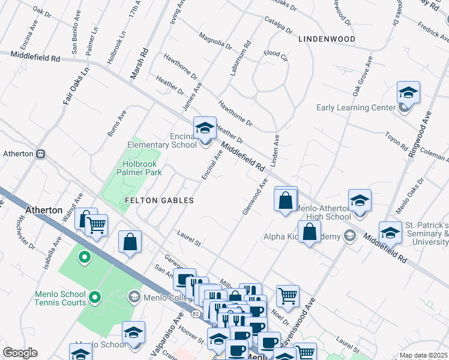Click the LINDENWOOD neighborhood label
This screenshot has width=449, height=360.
pyautogui.click(x=326, y=39)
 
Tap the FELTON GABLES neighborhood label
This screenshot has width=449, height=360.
pyautogui.click(x=158, y=200)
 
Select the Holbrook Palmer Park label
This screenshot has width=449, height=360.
pyautogui.click(x=134, y=167)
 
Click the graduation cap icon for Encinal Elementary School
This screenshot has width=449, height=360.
pyautogui.click(x=205, y=127)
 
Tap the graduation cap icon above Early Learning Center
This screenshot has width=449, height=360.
pyautogui.click(x=408, y=93)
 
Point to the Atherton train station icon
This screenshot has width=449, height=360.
pyautogui.click(x=41, y=154)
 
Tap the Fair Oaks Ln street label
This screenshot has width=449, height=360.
pyautogui.click(x=76, y=87)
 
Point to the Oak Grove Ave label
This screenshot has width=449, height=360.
pyautogui.click(x=363, y=77)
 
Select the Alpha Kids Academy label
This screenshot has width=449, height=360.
pyautogui.click(x=301, y=236)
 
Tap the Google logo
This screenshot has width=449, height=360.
pyautogui.click(x=20, y=353)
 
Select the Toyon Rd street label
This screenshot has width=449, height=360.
pyautogui.click(x=396, y=142)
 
